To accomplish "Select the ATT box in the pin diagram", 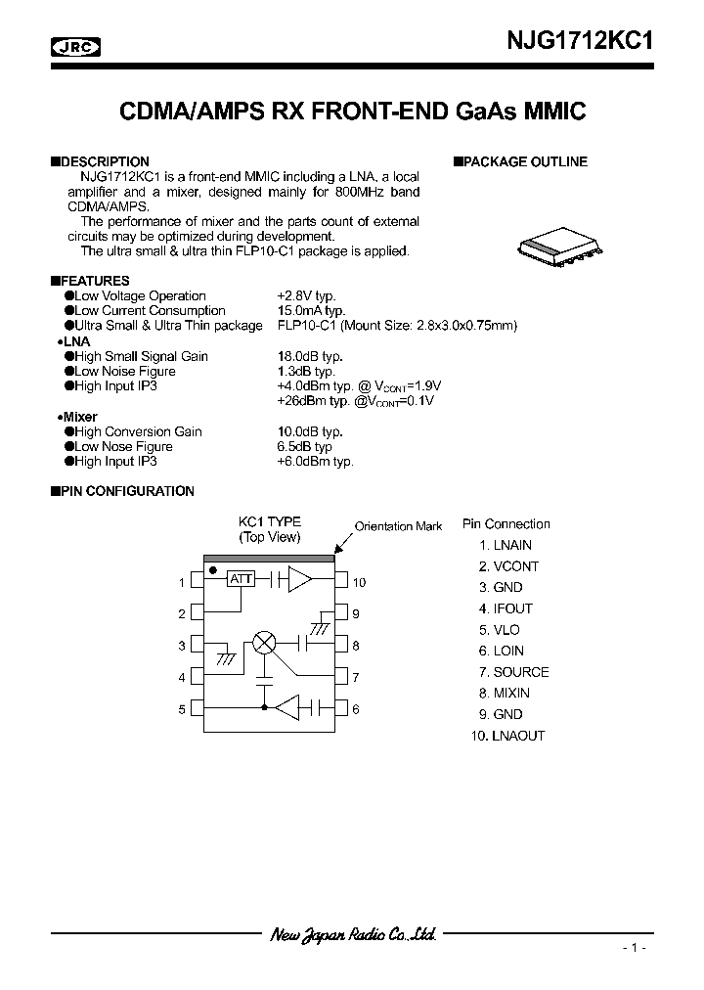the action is [x=241, y=579].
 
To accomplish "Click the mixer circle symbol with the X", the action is [x=265, y=642].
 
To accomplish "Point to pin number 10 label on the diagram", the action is [x=359, y=582].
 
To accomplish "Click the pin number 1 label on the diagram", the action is [x=182, y=583].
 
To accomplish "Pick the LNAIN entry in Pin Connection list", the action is [x=506, y=545].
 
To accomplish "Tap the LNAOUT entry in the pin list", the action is [x=507, y=736].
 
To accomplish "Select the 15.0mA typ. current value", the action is [x=312, y=310].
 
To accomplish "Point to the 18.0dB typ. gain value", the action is [x=310, y=356].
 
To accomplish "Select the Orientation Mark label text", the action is [x=398, y=526].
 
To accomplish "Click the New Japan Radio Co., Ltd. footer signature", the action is [x=352, y=934].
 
